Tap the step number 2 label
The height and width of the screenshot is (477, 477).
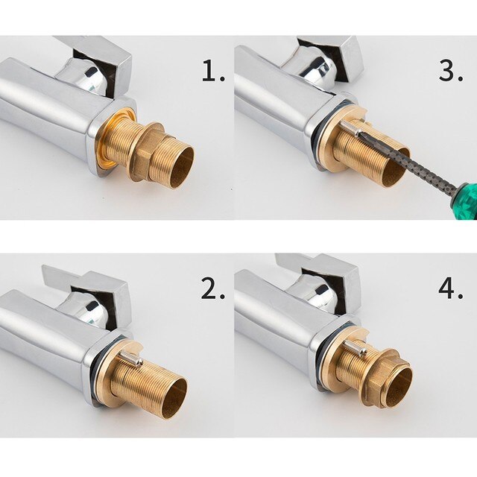click(212, 289)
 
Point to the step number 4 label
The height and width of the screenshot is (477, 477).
click(450, 289)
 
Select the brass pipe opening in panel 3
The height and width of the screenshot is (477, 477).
click(394, 176)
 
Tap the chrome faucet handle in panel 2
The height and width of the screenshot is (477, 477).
click(89, 287)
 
